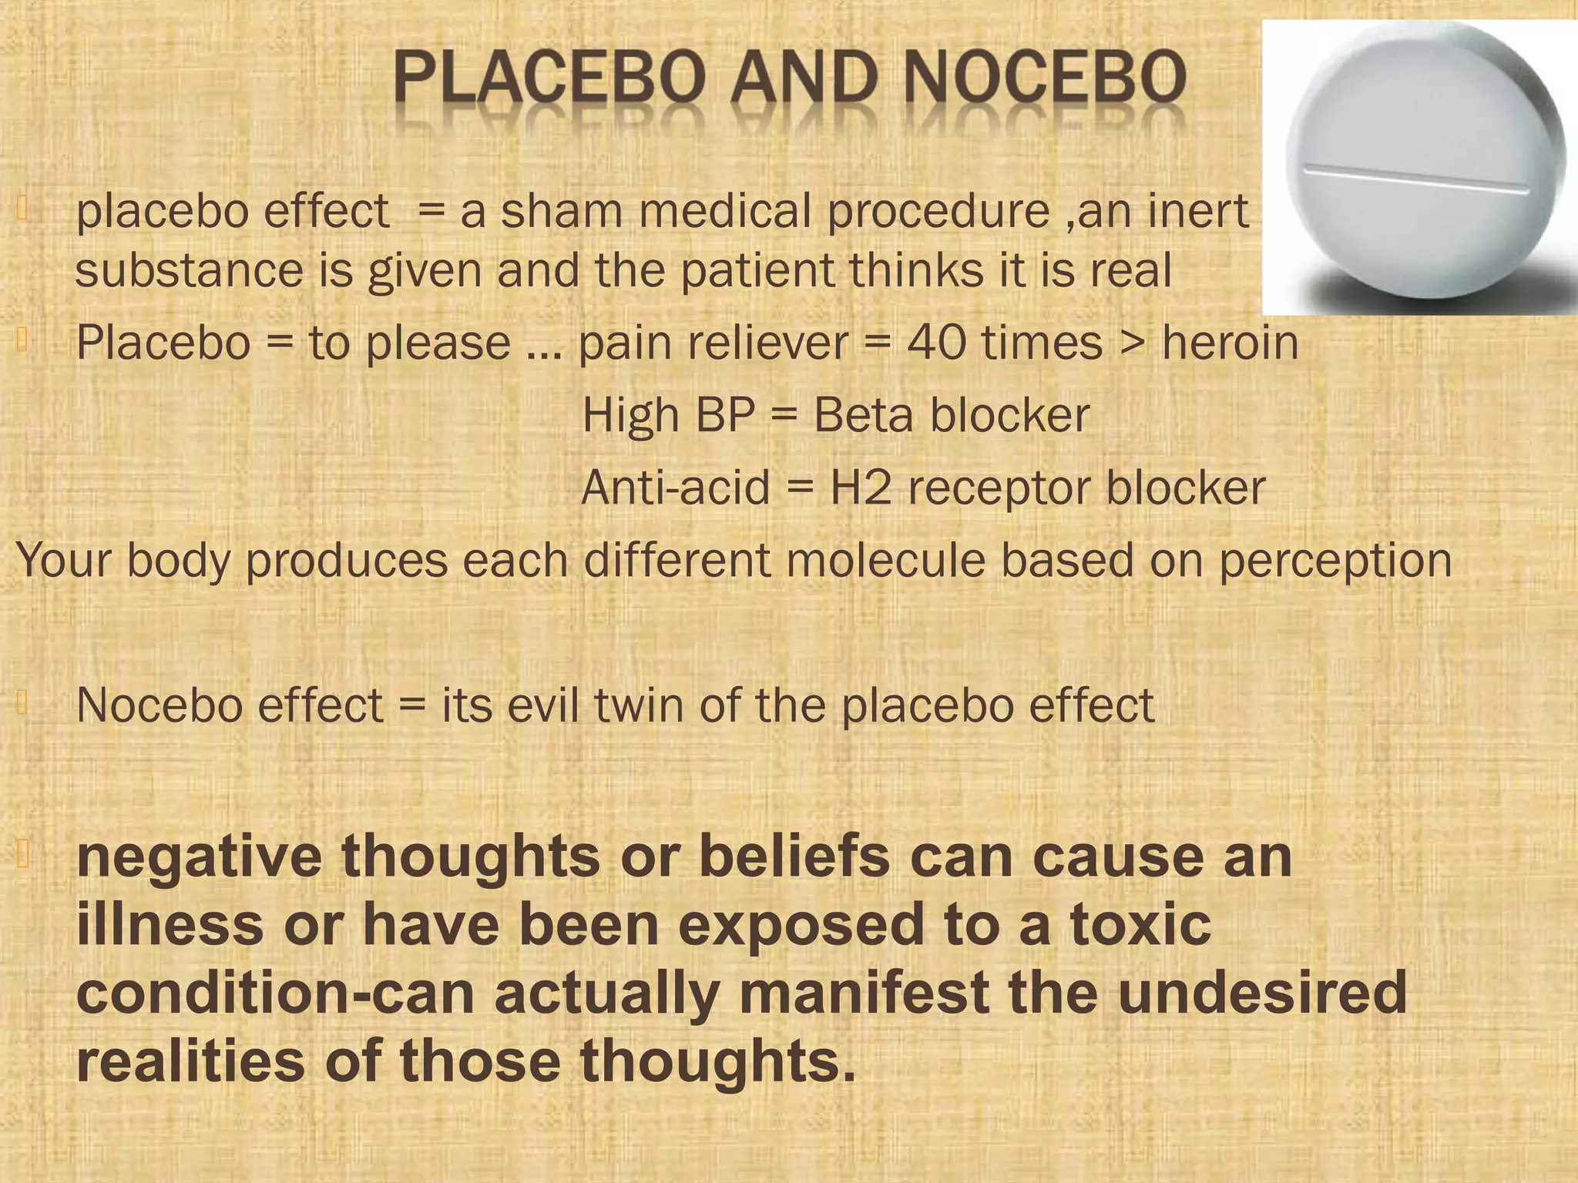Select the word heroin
(x=1230, y=343)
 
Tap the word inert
(x=1198, y=211)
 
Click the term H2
(x=861, y=488)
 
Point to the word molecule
(x=886, y=560)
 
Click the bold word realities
(x=190, y=1061)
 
